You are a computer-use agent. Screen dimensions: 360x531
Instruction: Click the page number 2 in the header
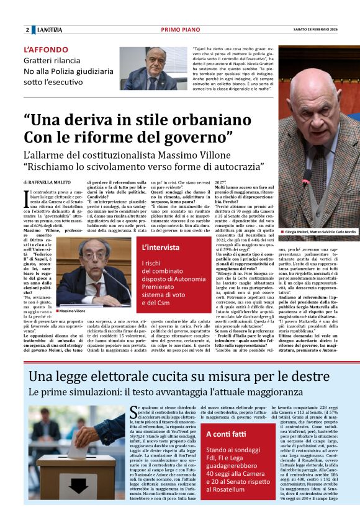[x=27, y=30]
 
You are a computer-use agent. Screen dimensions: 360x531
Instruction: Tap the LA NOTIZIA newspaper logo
[x=50, y=30]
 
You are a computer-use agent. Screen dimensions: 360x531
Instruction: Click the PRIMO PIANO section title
[x=178, y=30]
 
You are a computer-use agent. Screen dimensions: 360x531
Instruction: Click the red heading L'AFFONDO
[x=46, y=50]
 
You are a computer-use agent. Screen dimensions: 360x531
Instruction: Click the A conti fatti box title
[x=226, y=434]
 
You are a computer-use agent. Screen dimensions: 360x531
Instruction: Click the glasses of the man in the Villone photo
[x=88, y=260]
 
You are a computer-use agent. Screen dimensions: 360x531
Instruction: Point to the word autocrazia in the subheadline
[x=238, y=167]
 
